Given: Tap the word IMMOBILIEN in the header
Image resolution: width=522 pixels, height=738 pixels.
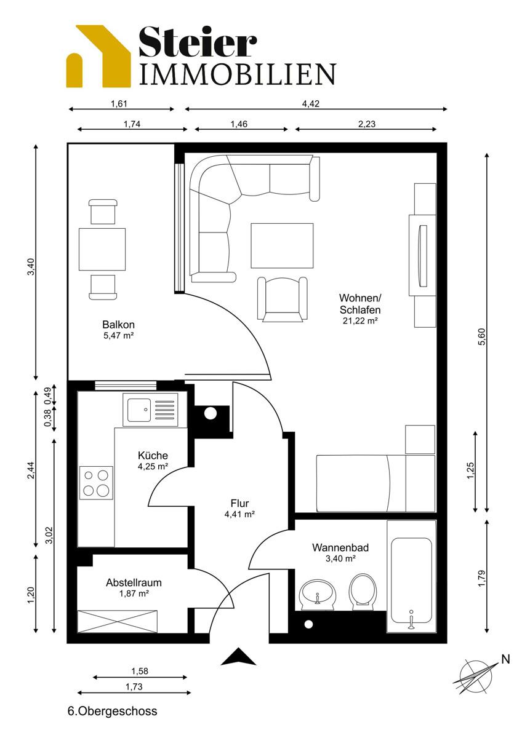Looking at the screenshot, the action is coord(238,74).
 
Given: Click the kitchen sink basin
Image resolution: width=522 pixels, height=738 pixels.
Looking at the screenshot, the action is coord(139,410).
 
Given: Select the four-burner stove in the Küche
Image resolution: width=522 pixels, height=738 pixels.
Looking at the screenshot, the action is coord(96,483).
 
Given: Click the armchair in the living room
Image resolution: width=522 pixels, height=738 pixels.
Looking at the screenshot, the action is coord(283,300).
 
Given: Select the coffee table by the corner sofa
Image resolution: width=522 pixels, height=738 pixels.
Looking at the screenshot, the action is coord(282,246).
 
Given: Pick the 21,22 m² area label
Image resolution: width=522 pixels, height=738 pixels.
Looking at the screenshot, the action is coord(360,320).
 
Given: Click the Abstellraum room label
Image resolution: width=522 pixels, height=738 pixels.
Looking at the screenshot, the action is coord(134,582).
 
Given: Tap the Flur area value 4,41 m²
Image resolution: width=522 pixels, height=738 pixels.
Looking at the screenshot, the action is coord(239,514).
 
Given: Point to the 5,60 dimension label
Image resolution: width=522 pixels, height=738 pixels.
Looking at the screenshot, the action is coord(483,337).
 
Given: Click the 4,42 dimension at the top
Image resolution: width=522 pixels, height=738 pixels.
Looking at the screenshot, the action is coord(311,104).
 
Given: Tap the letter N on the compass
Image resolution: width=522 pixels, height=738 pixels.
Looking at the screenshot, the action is coord(505,659).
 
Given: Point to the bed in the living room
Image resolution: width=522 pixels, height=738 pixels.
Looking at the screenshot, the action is coord(375,483).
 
